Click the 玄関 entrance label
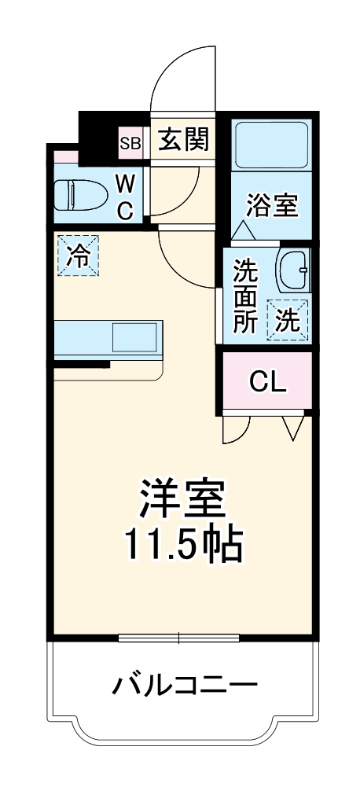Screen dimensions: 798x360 click(x=183, y=142)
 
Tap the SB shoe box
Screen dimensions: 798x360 click(x=130, y=143)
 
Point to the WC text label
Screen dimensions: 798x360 click(x=126, y=197)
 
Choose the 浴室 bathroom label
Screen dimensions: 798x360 click(x=272, y=205)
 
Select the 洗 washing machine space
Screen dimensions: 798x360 click(x=288, y=320)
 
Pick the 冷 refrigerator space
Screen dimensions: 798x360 click(x=78, y=256)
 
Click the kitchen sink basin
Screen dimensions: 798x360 click(x=135, y=336)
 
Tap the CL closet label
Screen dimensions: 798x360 click(x=267, y=382)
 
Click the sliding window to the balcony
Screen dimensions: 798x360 click(x=179, y=638)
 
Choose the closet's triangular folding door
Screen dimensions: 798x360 click(x=294, y=428)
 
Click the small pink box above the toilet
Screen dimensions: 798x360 click(x=66, y=156)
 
